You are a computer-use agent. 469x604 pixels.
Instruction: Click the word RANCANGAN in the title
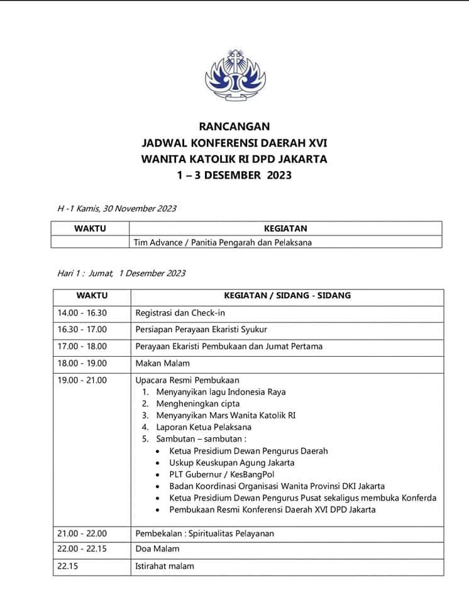pos(234,126)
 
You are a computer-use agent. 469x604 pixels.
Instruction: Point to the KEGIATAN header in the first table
pos(285,228)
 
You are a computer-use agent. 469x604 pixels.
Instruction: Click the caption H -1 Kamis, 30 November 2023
pos(117,208)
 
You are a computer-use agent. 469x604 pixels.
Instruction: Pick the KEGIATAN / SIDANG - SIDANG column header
pos(287,295)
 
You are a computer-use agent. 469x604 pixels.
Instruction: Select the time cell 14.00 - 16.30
pos(82,313)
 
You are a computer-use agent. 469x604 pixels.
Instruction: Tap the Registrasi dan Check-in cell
pos(180,313)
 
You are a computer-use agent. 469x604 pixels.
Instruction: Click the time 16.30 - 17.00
pos(82,329)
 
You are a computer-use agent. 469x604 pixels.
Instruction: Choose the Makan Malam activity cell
pos(162,363)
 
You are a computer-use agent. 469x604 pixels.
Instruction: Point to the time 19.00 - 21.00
pos(82,380)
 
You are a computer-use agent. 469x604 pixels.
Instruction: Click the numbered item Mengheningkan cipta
pos(198,404)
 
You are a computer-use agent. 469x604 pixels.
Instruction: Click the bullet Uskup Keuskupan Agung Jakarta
pos(231,462)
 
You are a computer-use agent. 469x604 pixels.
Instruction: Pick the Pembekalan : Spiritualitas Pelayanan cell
pos(205,534)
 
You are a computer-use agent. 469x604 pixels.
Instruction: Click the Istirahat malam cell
pos(165,566)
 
